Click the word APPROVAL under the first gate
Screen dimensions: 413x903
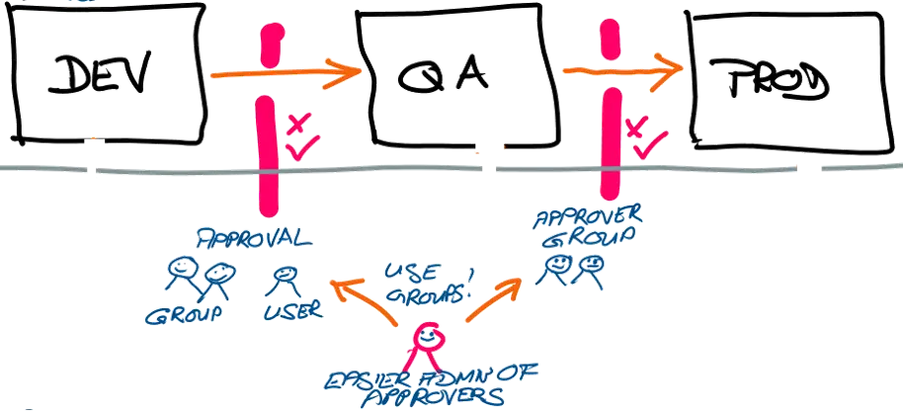pyautogui.click(x=254, y=240)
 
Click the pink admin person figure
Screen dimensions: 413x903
pyautogui.click(x=427, y=342)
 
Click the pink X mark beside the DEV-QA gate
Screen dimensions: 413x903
pyautogui.click(x=294, y=124)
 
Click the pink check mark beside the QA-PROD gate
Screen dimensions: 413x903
pyautogui.click(x=644, y=148)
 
